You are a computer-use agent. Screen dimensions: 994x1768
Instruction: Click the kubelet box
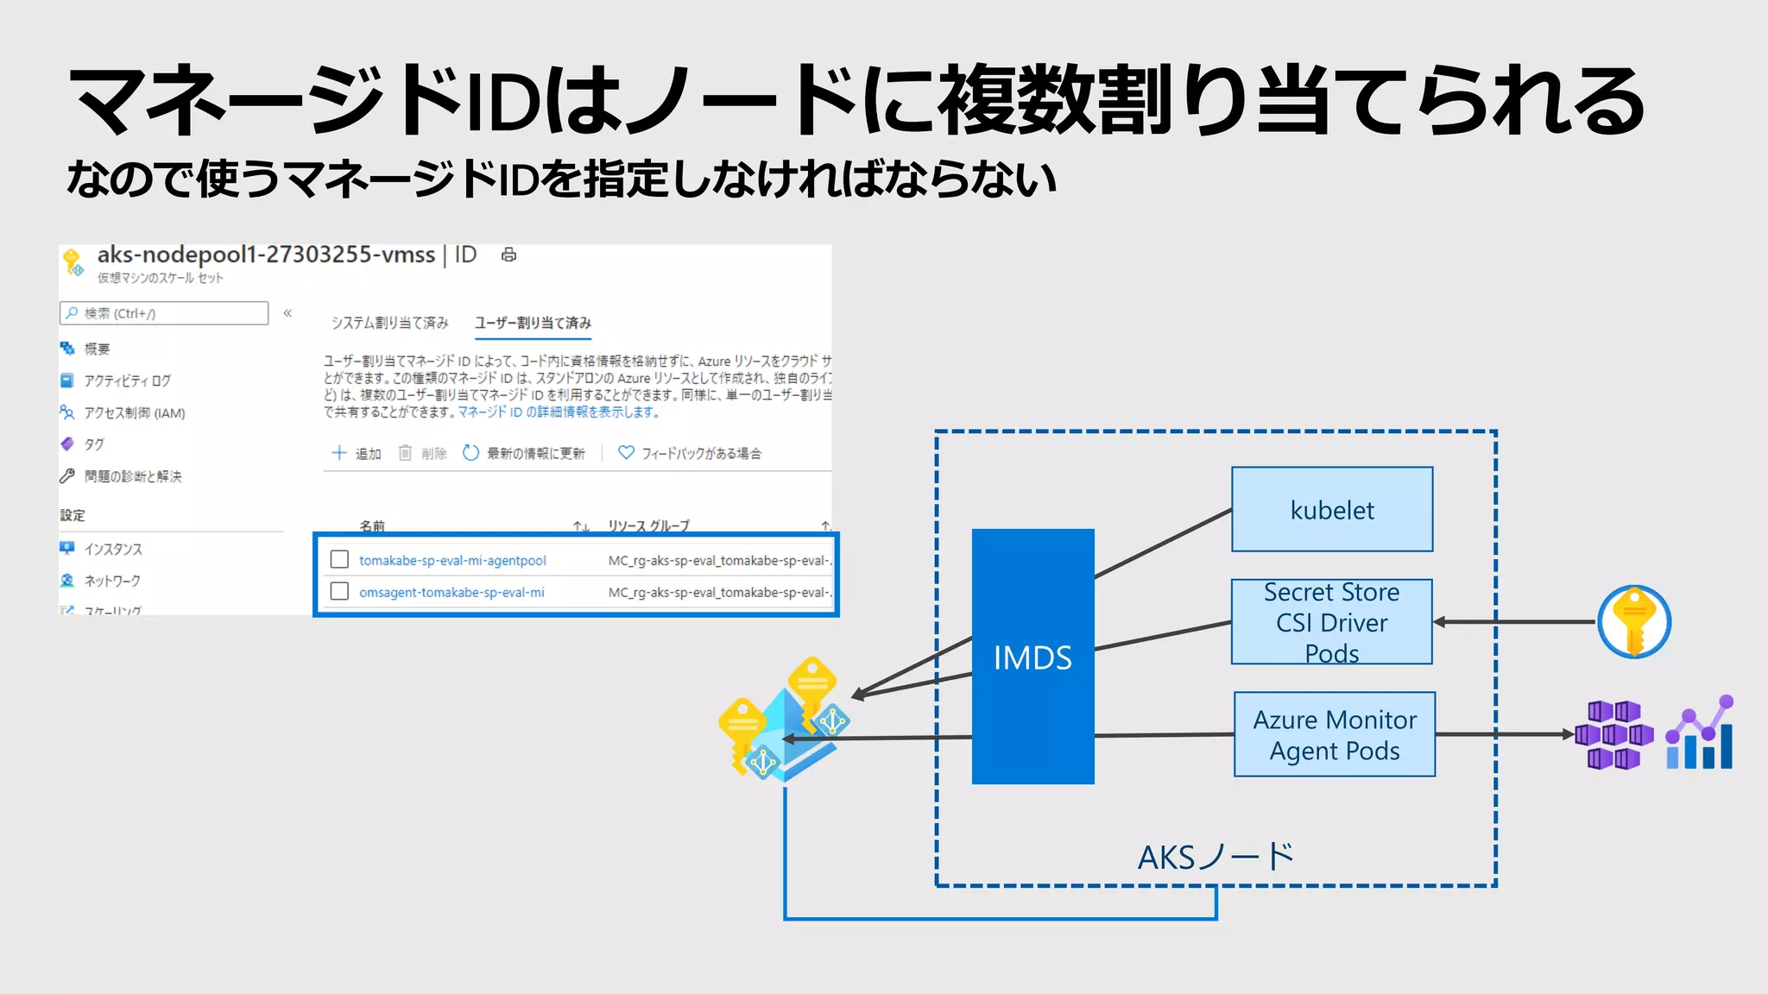pos(1331,509)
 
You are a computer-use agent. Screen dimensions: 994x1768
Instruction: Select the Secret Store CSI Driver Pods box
pos(1331,621)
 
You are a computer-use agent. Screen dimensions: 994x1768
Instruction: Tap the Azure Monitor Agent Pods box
pos(1334,734)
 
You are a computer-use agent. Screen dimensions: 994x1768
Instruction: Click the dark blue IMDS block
pos(1032,657)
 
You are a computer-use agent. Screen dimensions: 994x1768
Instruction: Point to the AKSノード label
pos(1215,857)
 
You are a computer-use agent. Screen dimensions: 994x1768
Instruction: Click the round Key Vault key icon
pos(1633,621)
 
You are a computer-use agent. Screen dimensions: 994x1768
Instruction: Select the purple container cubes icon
pos(1613,734)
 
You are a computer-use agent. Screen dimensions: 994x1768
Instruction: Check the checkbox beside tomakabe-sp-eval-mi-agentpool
pos(339,559)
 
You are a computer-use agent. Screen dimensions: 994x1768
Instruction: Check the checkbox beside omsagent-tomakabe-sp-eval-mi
pos(339,591)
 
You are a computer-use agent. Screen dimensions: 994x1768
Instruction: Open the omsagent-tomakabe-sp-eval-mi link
pos(451,592)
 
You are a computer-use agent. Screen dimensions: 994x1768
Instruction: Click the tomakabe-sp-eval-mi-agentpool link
pos(452,560)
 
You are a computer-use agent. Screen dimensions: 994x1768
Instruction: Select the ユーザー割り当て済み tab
pos(533,323)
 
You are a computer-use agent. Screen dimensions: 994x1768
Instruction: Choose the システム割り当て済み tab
pos(390,323)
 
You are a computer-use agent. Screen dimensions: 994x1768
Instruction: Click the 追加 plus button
pos(357,453)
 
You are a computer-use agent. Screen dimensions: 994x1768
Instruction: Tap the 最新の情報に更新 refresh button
pos(524,453)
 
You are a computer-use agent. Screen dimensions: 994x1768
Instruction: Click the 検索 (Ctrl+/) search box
pos(164,313)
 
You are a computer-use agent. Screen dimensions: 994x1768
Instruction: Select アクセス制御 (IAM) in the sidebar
pos(134,412)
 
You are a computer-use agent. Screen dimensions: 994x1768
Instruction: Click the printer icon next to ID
pos(508,255)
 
